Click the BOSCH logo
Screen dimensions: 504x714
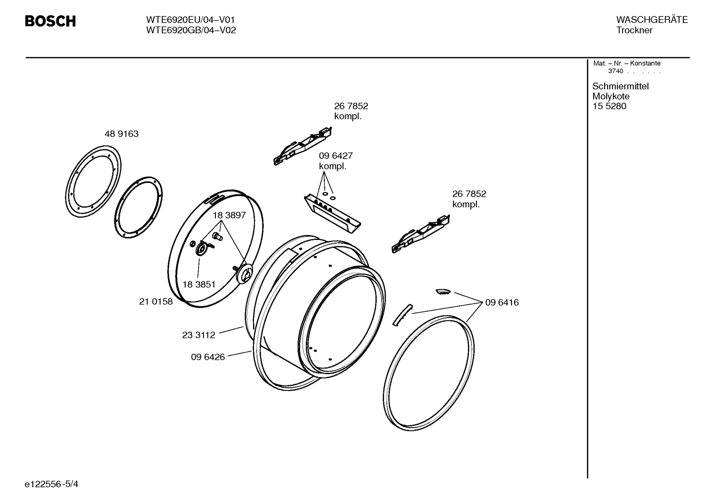click(50, 21)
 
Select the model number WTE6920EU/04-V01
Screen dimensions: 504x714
click(190, 20)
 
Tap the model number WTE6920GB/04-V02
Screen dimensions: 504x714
click(191, 30)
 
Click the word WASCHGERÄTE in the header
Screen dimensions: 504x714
click(652, 20)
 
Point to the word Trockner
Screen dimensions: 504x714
click(634, 30)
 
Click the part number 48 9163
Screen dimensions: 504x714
click(121, 134)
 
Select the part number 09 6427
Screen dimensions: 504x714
click(336, 156)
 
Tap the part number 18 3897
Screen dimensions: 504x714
click(229, 216)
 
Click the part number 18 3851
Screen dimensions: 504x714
click(199, 284)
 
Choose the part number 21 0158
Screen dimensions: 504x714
click(156, 302)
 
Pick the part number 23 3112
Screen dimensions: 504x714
click(199, 335)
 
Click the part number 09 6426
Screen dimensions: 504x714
click(208, 357)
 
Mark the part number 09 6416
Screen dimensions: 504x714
click(502, 303)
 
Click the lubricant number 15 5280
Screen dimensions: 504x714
click(609, 106)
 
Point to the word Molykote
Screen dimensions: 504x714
click(611, 96)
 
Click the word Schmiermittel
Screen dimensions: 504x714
click(620, 87)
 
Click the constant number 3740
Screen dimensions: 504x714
click(615, 71)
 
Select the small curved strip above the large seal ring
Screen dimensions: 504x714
click(402, 315)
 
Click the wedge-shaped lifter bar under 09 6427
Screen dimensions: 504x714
click(332, 213)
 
